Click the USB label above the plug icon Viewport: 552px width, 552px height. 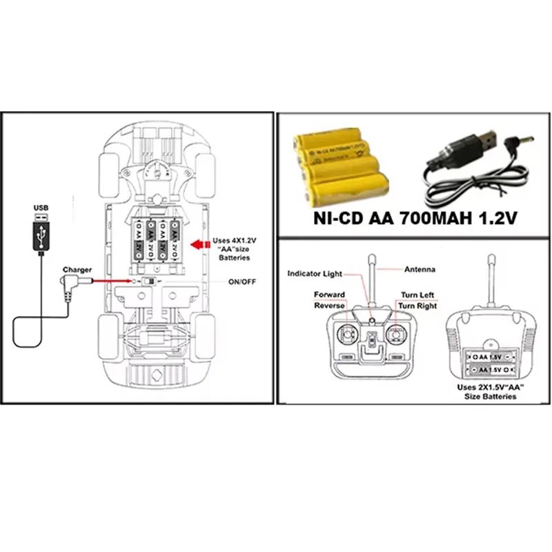pyautogui.click(x=41, y=207)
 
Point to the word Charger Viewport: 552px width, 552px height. pyautogui.click(x=76, y=270)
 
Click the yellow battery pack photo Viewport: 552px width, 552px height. pyautogui.click(x=340, y=166)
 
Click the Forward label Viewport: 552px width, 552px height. pyautogui.click(x=329, y=295)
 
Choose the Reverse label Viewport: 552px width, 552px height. pyautogui.click(x=329, y=305)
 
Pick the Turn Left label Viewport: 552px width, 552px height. pyautogui.click(x=417, y=295)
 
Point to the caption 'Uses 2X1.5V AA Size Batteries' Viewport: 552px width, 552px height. pyautogui.click(x=491, y=392)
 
